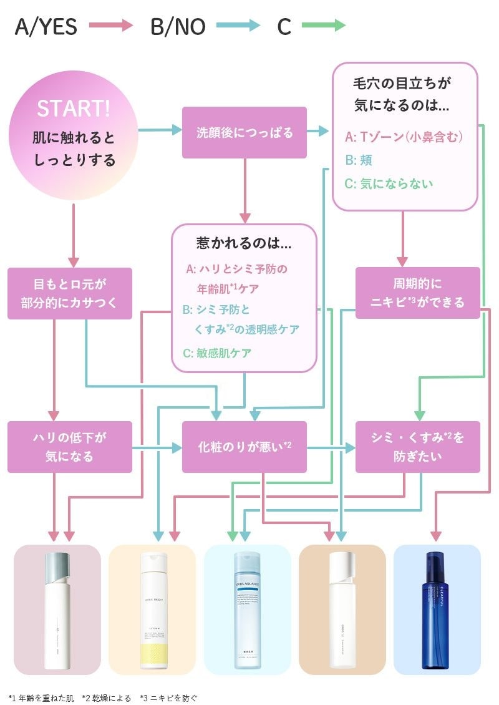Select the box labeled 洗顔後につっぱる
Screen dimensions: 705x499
click(x=244, y=132)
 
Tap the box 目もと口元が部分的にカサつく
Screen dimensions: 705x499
click(x=70, y=293)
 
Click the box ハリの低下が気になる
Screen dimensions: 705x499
click(x=70, y=447)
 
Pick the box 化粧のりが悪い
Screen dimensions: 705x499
click(x=244, y=447)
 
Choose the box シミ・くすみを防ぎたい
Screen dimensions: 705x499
click(x=417, y=447)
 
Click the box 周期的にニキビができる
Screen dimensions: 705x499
click(x=417, y=293)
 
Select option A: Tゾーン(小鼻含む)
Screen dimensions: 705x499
click(x=404, y=137)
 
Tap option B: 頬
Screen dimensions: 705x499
click(x=359, y=160)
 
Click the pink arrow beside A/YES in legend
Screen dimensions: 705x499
click(x=111, y=26)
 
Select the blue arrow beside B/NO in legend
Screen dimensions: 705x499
click(x=238, y=26)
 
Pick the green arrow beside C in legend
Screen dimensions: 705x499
click(x=323, y=26)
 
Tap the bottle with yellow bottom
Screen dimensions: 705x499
click(x=153, y=610)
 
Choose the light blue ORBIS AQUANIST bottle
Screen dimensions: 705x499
click(x=248, y=610)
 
